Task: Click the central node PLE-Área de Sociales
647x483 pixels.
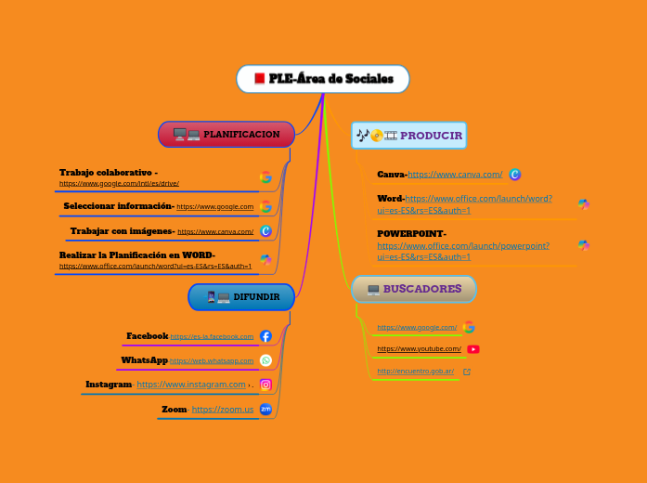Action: (x=323, y=79)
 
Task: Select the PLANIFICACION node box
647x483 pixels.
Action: (x=226, y=135)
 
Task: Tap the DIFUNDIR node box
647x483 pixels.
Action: (x=241, y=297)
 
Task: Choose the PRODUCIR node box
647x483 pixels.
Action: (x=408, y=136)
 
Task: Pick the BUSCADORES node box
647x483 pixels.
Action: (x=414, y=289)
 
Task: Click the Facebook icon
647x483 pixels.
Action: (x=265, y=336)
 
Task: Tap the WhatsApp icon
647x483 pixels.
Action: (x=265, y=360)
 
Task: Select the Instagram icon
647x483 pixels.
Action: (x=265, y=385)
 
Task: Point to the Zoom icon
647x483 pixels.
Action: (x=265, y=409)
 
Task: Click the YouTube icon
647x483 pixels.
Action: (x=473, y=349)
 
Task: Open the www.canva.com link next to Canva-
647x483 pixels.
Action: (x=455, y=174)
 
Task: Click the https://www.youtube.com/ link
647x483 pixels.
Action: (x=419, y=349)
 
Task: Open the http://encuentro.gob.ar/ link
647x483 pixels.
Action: (x=416, y=372)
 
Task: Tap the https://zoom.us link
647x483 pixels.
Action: (x=223, y=409)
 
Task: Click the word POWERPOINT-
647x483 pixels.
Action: (x=411, y=233)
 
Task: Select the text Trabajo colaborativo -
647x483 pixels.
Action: (x=108, y=172)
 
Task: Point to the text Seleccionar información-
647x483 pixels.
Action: (x=119, y=205)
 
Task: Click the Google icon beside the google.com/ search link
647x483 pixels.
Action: (x=469, y=327)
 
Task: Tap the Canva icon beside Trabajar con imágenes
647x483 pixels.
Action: (x=265, y=231)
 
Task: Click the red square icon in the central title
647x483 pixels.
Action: (x=260, y=79)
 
